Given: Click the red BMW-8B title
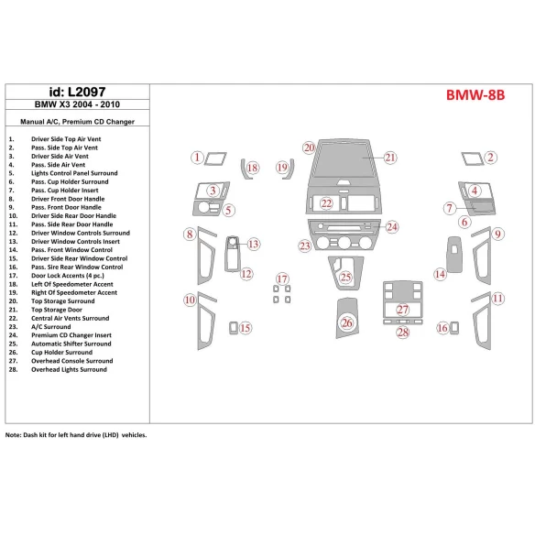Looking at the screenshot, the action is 475,95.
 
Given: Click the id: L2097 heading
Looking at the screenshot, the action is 78,92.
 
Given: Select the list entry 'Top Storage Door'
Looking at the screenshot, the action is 57,310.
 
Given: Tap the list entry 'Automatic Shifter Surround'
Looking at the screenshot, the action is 71,344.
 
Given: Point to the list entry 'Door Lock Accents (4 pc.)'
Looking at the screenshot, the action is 68,276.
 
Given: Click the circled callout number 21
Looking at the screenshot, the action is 390,158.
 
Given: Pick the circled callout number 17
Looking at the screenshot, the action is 282,278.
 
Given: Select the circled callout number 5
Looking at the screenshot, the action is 228,210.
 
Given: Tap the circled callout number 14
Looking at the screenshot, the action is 440,274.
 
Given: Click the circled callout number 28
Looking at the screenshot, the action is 403,333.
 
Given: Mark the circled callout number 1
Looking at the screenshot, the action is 197,158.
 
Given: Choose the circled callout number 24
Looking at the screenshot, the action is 392,227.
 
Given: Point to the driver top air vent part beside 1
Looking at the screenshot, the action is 215,159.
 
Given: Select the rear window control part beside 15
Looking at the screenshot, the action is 234,328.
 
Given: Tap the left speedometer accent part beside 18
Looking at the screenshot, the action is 246,169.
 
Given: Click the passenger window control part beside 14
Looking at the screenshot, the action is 454,254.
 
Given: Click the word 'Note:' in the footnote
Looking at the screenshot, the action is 14,435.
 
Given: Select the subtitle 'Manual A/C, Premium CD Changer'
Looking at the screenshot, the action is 78,122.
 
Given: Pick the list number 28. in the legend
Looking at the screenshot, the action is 13,369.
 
